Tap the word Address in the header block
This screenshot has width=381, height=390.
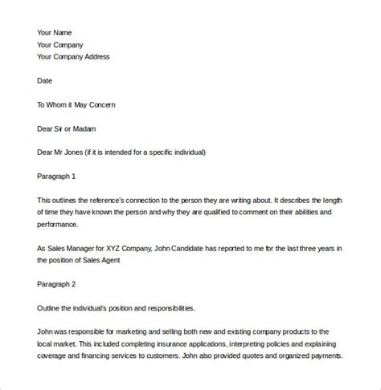coord(94,57)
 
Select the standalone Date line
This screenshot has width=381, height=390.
coord(45,80)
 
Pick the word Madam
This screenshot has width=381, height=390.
coord(90,128)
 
